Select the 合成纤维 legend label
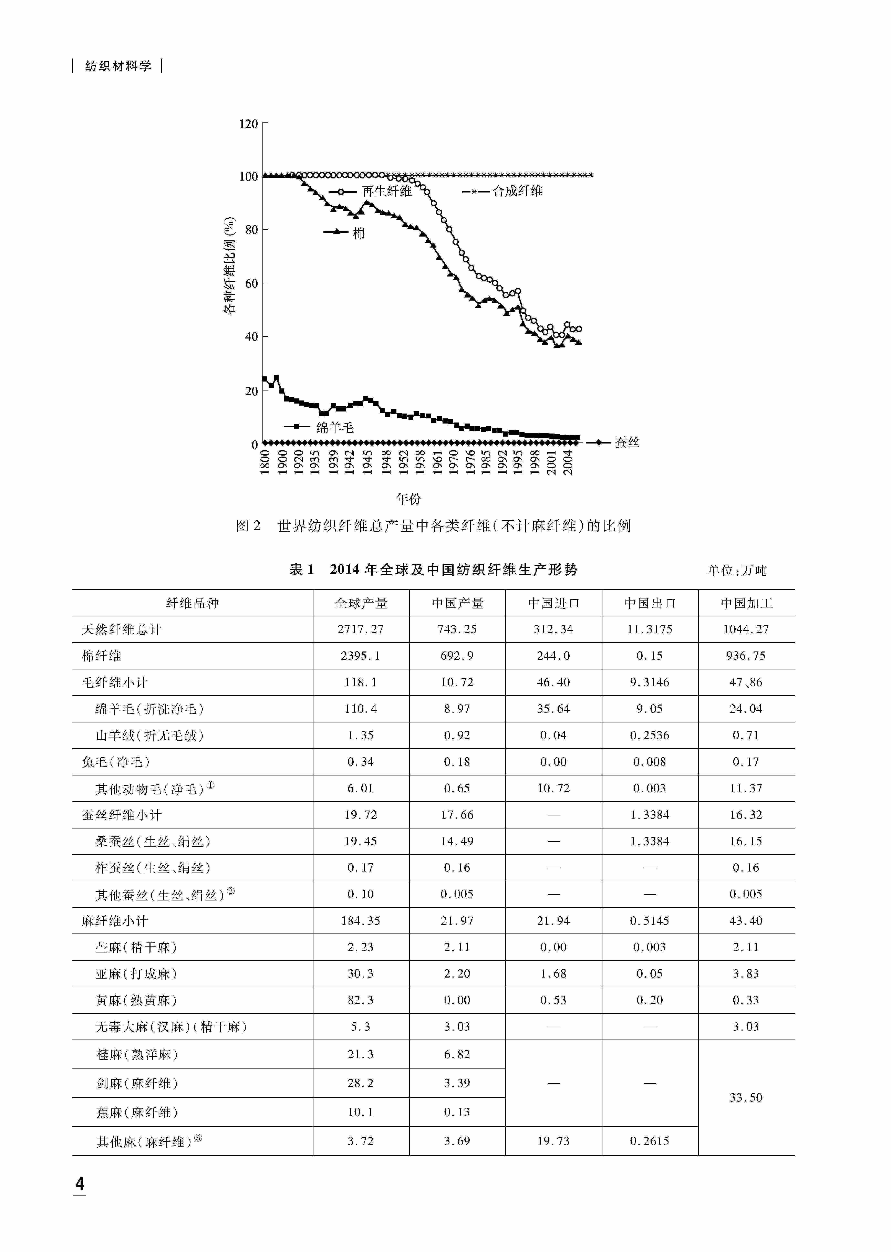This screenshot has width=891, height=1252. point(517,191)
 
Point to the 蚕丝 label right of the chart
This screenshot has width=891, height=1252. point(627,442)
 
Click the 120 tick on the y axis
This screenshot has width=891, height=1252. point(249,124)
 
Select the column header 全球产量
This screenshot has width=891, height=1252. point(361,603)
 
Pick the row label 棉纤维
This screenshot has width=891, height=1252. point(102,656)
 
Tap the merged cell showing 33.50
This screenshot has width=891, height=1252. point(746,1097)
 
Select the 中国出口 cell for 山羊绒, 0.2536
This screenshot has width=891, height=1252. point(650,735)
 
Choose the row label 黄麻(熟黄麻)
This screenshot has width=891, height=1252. point(136,1000)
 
